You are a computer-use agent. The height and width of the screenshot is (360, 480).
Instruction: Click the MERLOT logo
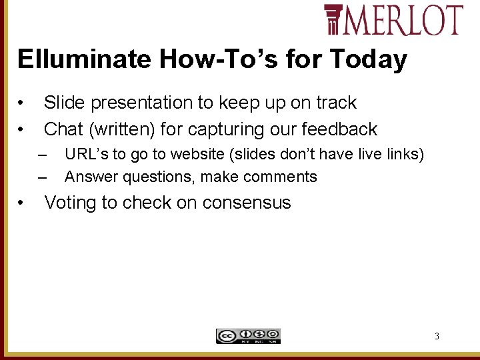pos(393,19)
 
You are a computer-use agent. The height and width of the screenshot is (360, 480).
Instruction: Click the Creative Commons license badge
pos(248,336)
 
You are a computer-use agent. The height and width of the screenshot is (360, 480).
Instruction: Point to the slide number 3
pos(437,336)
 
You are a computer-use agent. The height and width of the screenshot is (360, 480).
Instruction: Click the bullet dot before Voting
pos(23,203)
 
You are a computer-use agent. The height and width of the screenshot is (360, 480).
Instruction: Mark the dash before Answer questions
pos(43,177)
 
